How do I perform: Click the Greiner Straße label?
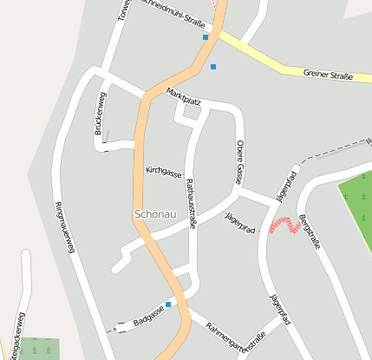pos(328,75)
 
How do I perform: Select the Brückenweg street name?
pos(99,115)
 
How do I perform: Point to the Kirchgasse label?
pos(163,170)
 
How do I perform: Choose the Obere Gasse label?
pos(239,161)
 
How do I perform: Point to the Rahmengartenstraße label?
pos(235,337)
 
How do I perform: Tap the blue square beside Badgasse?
pos(168,304)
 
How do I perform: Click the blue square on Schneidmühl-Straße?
pos(206,37)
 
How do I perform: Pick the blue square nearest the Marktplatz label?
pos(213,66)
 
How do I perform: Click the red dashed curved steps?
pos(284,225)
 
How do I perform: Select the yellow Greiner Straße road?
pos(277,62)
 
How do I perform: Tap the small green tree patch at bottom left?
pos(40,349)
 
